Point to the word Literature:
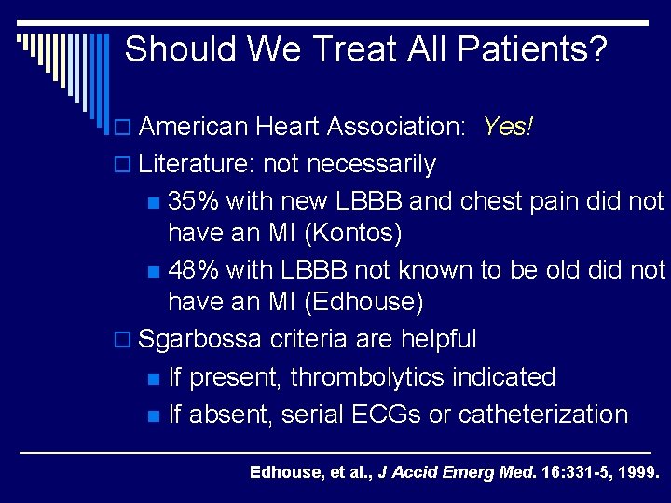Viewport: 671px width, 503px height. coord(198,165)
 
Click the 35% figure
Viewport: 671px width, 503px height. coord(195,201)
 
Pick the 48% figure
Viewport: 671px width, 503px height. coord(195,271)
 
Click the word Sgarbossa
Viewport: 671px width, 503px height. coord(200,339)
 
